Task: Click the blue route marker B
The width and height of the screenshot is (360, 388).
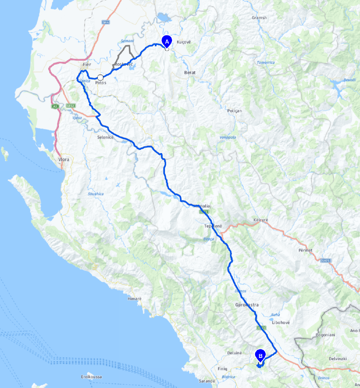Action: coord(260,355)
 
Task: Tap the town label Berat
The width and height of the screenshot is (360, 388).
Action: coord(185,73)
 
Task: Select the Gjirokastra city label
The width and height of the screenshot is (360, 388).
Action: coord(244,305)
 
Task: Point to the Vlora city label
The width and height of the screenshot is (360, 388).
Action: coord(63,160)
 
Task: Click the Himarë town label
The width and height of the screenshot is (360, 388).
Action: coord(135,299)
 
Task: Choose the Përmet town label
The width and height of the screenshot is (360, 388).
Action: coord(305,250)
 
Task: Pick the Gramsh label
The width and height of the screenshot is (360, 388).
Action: coord(259,18)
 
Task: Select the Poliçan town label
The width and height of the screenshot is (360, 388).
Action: coord(235,111)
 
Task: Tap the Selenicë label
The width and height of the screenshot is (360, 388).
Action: coord(106,137)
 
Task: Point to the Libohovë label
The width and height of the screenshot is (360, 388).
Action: coord(281,322)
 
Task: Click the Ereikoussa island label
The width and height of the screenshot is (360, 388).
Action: coord(91,377)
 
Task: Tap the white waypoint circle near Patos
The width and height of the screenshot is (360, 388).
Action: coord(100,77)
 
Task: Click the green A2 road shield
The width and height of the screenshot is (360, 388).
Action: coord(55,106)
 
